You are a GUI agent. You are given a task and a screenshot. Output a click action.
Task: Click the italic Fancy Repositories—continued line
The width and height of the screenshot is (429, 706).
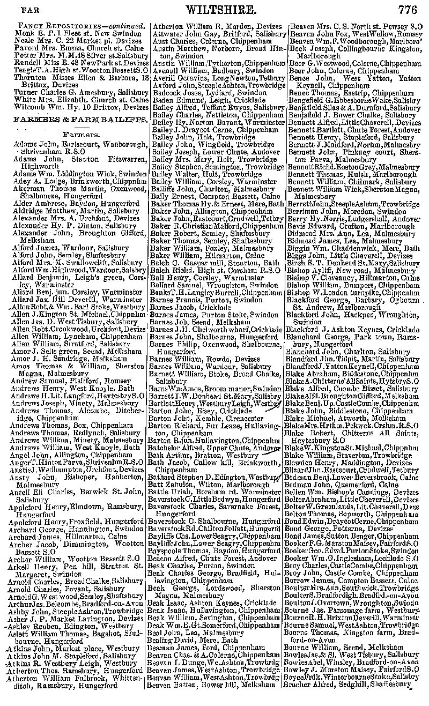(x=82, y=26)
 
